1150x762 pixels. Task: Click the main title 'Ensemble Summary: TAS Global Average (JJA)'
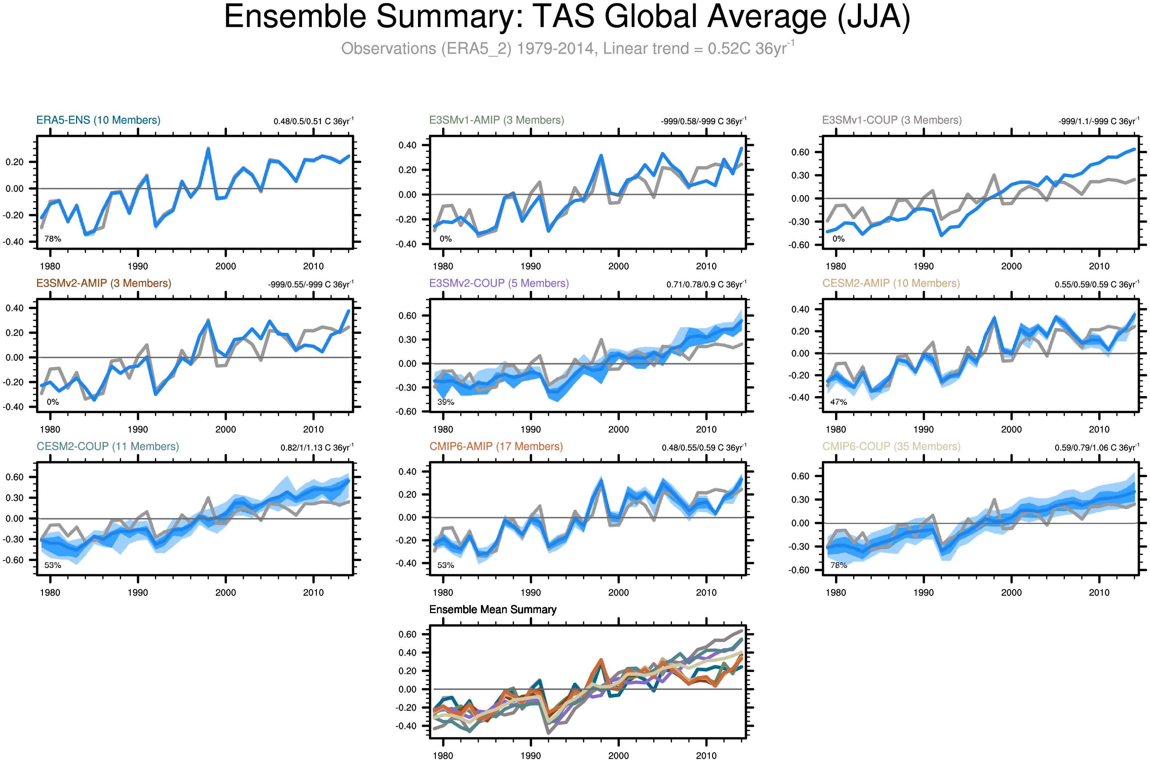click(x=567, y=17)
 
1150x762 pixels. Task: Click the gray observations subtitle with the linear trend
click(x=567, y=48)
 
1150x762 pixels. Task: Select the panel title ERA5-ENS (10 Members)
click(x=98, y=120)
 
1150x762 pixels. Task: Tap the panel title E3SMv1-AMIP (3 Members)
click(x=496, y=120)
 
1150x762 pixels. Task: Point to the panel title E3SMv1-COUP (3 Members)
click(x=892, y=120)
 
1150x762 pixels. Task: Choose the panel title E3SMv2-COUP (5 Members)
click(x=499, y=283)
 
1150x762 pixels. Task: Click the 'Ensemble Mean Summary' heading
click(x=493, y=609)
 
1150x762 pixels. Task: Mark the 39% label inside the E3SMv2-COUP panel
click(x=445, y=402)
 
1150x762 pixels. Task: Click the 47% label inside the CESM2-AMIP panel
click(x=838, y=402)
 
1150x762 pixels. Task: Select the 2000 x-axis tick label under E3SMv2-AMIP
click(x=225, y=430)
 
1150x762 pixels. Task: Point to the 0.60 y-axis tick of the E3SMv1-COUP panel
click(x=800, y=152)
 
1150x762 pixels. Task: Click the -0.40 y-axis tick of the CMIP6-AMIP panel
click(x=407, y=563)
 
